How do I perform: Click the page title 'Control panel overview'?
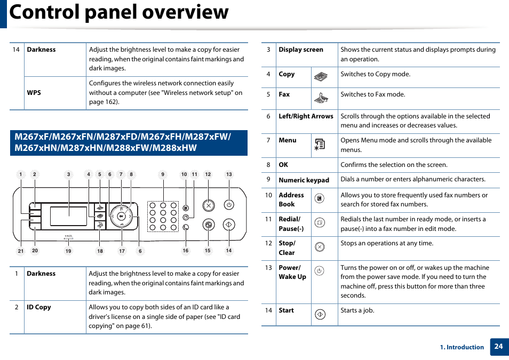click(119, 12)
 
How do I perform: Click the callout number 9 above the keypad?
click(163, 174)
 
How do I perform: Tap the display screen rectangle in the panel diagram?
click(68, 216)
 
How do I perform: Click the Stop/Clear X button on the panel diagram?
click(209, 205)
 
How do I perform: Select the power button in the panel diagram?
click(229, 205)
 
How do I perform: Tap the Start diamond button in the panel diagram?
click(229, 225)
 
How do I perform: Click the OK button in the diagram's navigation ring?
click(122, 216)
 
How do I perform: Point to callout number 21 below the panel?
click(20, 251)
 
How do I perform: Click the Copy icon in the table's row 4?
click(320, 77)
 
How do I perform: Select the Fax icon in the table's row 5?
click(321, 98)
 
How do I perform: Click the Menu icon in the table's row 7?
click(320, 144)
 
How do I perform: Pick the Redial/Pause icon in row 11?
click(319, 222)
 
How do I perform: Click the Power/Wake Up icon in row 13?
click(319, 271)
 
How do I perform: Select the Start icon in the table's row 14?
click(320, 315)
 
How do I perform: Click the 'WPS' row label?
click(34, 93)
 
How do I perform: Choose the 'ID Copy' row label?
click(39, 307)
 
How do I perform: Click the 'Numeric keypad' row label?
click(304, 180)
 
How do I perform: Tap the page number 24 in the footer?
click(498, 346)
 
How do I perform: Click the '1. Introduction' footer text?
click(462, 347)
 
